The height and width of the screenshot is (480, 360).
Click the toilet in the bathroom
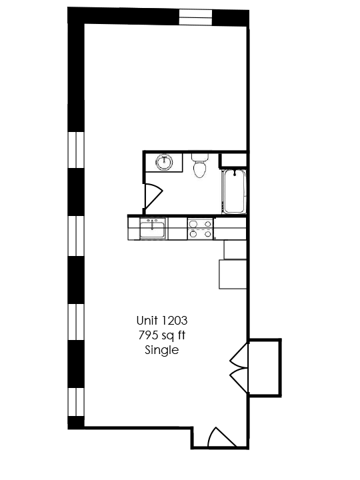point(199,167)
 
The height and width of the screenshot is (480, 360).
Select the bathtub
point(234,192)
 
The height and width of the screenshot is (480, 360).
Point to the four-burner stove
point(200,229)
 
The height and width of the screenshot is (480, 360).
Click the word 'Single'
point(162,350)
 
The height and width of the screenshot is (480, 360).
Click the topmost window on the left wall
point(76,149)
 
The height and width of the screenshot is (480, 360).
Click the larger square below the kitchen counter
point(233,274)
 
